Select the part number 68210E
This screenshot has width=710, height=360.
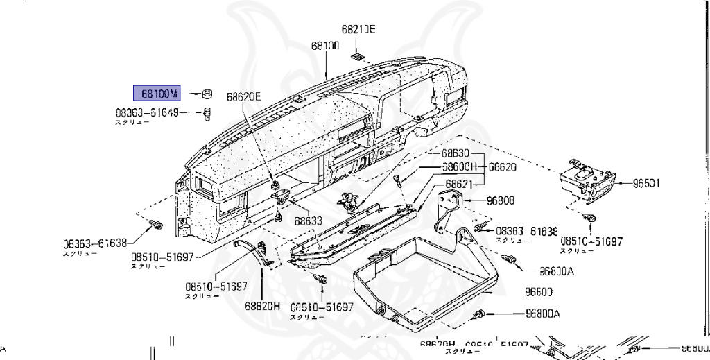pyautogui.click(x=358, y=30)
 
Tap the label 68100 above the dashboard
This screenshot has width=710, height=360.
pyautogui.click(x=324, y=46)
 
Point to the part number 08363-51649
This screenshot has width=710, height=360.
pyautogui.click(x=146, y=112)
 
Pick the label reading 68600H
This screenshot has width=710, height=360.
pyautogui.click(x=460, y=167)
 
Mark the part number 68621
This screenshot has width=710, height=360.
pyautogui.click(x=459, y=184)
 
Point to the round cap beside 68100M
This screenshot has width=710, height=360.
pyautogui.click(x=206, y=93)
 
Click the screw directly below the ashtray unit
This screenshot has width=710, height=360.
pyautogui.click(x=591, y=218)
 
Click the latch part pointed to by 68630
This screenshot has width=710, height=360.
pyautogui.click(x=348, y=201)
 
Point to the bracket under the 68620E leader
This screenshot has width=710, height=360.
pyautogui.click(x=279, y=196)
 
